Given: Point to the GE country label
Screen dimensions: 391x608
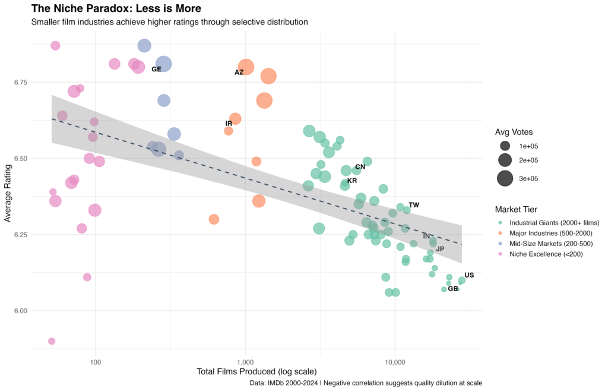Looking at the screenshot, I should pyautogui.click(x=156, y=70).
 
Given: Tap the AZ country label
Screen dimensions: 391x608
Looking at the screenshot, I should pyautogui.click(x=239, y=72).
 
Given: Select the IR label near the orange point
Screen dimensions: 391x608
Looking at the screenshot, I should pyautogui.click(x=229, y=124).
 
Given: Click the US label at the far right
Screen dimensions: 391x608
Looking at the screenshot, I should pyautogui.click(x=469, y=275).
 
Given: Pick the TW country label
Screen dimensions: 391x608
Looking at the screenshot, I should pyautogui.click(x=414, y=205).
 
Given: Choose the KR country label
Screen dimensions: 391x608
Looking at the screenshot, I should pyautogui.click(x=352, y=181).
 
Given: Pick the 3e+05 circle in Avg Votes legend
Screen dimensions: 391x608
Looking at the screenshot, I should pyautogui.click(x=505, y=178).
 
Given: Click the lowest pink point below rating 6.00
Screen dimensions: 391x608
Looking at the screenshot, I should pyautogui.click(x=52, y=341).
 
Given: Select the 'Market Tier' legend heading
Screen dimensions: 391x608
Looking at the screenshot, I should pyautogui.click(x=517, y=209).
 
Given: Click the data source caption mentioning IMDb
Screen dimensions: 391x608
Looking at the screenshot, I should pyautogui.click(x=366, y=383).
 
